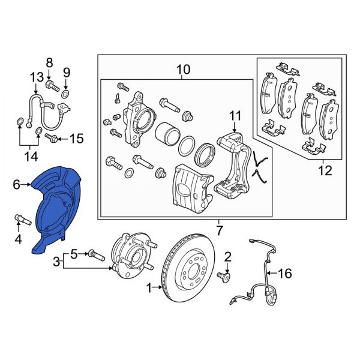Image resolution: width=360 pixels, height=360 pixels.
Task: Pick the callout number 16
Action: click(284, 274)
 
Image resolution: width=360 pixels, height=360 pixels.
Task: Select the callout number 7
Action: click(219, 230)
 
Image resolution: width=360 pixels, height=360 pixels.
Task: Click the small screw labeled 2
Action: click(227, 276)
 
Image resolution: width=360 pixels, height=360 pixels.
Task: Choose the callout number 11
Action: click(236, 115)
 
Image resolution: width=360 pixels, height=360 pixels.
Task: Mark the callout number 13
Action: click(36, 76)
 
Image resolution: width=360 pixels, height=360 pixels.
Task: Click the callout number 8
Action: click(49, 62)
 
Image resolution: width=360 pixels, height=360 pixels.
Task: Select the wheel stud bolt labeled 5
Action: click(96, 254)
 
